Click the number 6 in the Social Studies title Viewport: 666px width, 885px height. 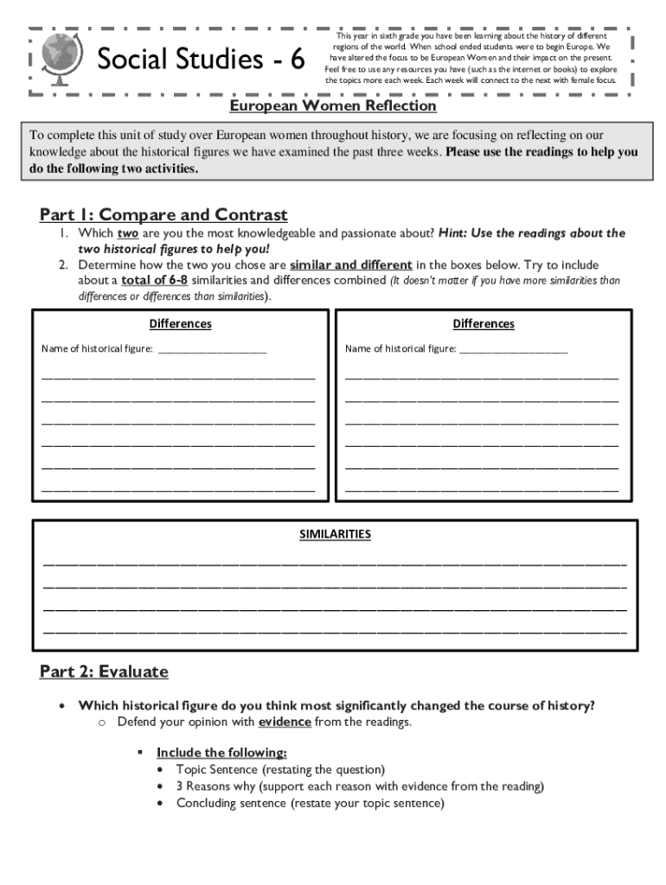[x=297, y=60]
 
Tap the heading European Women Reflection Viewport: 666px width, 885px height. [x=333, y=105]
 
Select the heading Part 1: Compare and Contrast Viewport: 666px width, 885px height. [x=163, y=214]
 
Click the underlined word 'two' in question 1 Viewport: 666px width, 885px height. [x=127, y=233]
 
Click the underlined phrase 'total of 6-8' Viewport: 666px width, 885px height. [x=154, y=281]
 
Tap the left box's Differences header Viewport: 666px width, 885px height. [x=180, y=324]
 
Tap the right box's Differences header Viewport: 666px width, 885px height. [x=483, y=324]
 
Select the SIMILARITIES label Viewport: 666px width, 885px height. [x=335, y=534]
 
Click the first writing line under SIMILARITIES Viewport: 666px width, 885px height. [x=335, y=563]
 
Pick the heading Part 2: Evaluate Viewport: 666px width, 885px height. [x=104, y=672]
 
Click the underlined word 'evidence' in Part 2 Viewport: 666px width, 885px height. [x=284, y=722]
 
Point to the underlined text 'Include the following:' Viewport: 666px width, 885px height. [x=221, y=753]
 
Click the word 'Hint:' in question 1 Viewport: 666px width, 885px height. [x=456, y=233]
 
